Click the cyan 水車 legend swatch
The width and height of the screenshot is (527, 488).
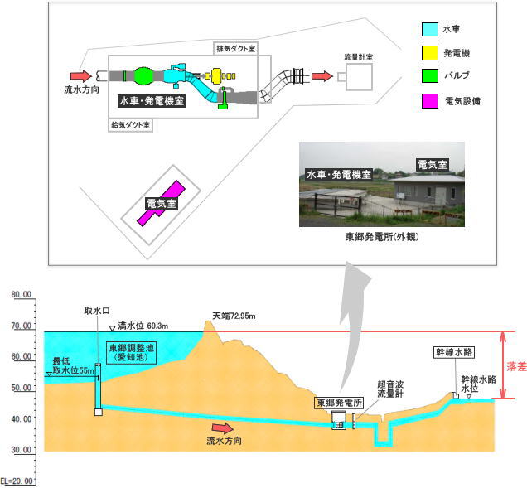click(430, 29)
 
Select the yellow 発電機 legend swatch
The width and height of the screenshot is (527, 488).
click(430, 53)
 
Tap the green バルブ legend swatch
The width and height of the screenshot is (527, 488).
click(430, 75)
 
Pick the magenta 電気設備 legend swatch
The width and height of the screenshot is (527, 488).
click(430, 101)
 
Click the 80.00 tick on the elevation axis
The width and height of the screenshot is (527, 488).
click(22, 294)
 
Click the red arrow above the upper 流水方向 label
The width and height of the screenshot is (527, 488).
click(81, 76)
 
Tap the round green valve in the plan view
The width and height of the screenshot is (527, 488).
click(144, 75)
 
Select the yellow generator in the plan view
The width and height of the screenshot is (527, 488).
click(216, 76)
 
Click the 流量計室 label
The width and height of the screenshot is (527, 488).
click(358, 57)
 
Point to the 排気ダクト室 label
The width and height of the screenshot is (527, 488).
click(235, 49)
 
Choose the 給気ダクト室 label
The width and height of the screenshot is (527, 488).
click(130, 125)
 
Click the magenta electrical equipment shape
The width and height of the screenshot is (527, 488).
click(161, 203)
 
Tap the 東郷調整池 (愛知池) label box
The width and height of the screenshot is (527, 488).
click(132, 352)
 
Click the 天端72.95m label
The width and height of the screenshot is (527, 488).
click(234, 316)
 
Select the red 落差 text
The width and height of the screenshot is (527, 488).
click(516, 366)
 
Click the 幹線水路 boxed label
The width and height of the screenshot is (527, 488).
click(454, 352)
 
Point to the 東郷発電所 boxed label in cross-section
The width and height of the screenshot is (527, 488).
click(339, 403)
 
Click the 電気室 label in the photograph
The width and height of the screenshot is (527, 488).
click(433, 165)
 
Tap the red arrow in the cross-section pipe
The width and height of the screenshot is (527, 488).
click(223, 428)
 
